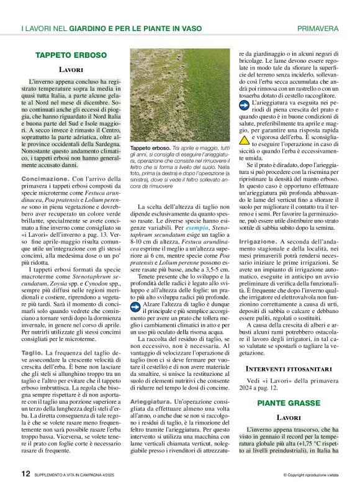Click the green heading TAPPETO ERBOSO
[71, 55]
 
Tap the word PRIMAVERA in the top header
[317, 29]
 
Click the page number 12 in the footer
[25, 473]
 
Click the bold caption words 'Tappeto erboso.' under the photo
[149, 148]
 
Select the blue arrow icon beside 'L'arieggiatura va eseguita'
[245, 106]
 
